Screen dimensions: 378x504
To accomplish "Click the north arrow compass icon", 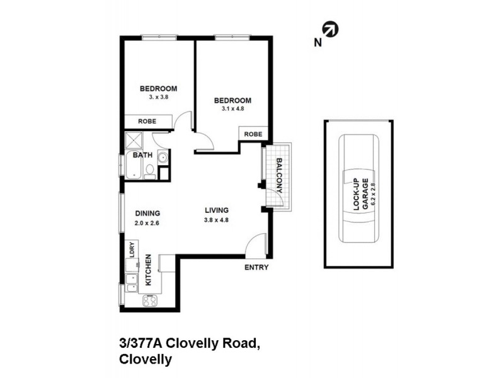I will pyautogui.click(x=330, y=30).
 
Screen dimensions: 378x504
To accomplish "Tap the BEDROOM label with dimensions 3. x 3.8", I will pyautogui.click(x=158, y=89).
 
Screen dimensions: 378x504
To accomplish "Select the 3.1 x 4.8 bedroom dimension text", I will pyautogui.click(x=232, y=108).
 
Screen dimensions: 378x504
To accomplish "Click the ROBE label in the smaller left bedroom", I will pyautogui.click(x=147, y=122).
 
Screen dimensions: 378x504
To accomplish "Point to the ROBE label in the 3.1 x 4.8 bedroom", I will pyautogui.click(x=253, y=134).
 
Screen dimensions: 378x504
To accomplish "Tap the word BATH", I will pyautogui.click(x=142, y=154).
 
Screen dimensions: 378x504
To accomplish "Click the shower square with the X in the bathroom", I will pyautogui.click(x=135, y=140).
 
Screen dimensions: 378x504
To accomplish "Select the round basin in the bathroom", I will pyautogui.click(x=162, y=158).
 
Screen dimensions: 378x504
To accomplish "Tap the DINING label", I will pyautogui.click(x=147, y=213).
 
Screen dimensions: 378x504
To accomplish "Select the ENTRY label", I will pyautogui.click(x=256, y=268).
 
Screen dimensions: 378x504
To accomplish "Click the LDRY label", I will pyautogui.click(x=132, y=249).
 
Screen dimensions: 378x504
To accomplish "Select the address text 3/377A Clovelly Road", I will pyautogui.click(x=189, y=343).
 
